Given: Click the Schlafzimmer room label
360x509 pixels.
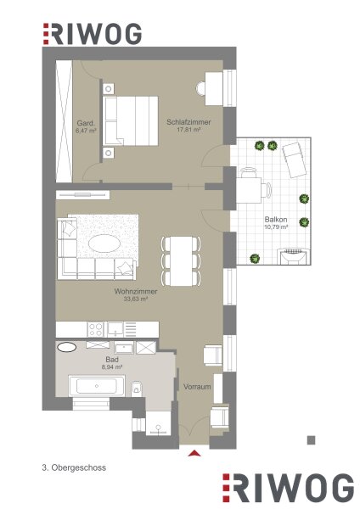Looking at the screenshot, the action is (188, 122).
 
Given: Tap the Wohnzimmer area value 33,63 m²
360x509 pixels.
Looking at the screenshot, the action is (136, 299).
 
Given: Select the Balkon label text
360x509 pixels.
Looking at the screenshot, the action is (276, 220).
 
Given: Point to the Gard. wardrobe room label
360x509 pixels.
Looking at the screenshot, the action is (86, 123).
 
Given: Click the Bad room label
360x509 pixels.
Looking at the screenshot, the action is (112, 360).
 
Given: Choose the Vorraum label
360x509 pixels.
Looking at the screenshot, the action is (197, 387).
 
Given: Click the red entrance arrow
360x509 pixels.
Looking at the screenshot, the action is (194, 453).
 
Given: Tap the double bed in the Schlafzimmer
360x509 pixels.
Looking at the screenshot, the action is (130, 120).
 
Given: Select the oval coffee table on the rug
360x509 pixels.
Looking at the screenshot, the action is (104, 243).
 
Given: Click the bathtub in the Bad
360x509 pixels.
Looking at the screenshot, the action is (97, 386).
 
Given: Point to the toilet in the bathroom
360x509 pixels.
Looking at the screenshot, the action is (137, 389).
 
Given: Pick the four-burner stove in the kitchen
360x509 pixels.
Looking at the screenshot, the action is (96, 329).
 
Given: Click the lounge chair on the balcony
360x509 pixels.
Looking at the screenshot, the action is (295, 159).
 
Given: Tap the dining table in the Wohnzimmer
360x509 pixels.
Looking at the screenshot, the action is (181, 261).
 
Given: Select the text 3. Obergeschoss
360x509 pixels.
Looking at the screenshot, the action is (74, 467).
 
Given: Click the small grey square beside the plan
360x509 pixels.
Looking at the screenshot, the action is (312, 440).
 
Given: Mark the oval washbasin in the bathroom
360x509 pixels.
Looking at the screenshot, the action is (66, 347).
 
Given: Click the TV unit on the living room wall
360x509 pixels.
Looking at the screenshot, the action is (83, 195).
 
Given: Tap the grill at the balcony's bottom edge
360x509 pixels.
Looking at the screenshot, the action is (294, 256).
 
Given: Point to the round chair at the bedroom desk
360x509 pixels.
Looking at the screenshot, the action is (200, 88).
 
